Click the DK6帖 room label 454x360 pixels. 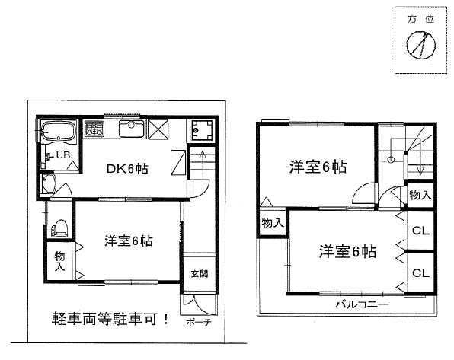tap(127, 169)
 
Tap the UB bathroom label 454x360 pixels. tap(63, 155)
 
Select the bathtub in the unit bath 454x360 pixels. tap(58, 132)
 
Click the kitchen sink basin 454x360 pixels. tap(132, 129)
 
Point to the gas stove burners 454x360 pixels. tap(94, 129)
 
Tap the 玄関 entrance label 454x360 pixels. tap(200, 273)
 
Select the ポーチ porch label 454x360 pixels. tap(198, 322)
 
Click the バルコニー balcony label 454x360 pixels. tap(362, 304)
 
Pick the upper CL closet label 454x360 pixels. tap(420, 231)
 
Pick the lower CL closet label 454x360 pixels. tap(420, 272)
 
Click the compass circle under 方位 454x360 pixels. tap(420, 46)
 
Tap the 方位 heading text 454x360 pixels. tap(420, 19)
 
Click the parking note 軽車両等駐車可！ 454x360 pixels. tap(110, 319)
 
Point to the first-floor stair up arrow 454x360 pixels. tap(203, 163)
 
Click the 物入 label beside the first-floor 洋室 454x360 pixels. tap(59, 261)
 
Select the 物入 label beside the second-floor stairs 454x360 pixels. tap(420, 195)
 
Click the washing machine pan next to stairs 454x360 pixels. tap(203, 130)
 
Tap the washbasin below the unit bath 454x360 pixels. tap(48, 183)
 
